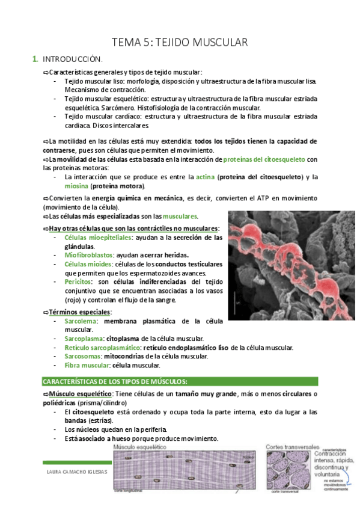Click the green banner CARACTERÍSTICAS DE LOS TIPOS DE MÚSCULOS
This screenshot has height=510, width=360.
tap(115, 381)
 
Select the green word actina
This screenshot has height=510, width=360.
tap(205, 177)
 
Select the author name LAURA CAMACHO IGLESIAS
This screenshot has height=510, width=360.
tap(76, 472)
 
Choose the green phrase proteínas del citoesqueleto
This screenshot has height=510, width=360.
tap(264, 159)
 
